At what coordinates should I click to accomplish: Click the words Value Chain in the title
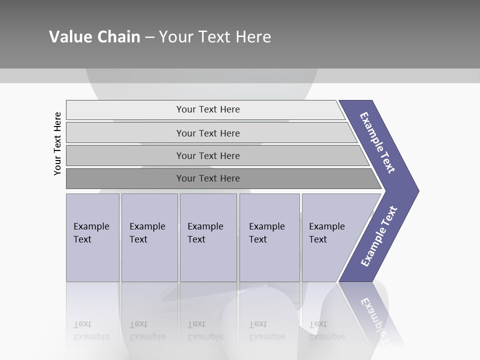click(94, 37)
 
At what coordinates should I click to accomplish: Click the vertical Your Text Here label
click(57, 143)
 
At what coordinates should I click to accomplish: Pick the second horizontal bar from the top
click(208, 133)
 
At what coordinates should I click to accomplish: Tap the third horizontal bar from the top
click(208, 155)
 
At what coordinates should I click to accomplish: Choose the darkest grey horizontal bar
click(208, 178)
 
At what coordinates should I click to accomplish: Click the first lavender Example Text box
click(92, 237)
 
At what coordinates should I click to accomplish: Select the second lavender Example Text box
click(149, 237)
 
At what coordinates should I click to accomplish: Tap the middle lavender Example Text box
click(208, 237)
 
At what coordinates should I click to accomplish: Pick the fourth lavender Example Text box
click(269, 237)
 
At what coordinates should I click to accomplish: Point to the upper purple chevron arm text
click(377, 142)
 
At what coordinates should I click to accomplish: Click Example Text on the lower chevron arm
click(378, 236)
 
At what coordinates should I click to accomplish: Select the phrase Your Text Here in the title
click(215, 37)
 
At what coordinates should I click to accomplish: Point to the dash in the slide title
click(149, 37)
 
